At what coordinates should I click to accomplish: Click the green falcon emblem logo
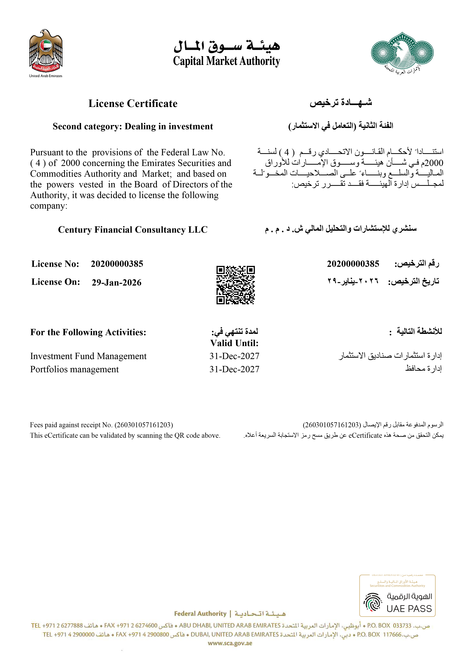point(402,51)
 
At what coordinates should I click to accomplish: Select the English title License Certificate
point(133,104)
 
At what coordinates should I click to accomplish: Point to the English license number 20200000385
point(117,264)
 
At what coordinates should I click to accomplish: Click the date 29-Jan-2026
point(117,282)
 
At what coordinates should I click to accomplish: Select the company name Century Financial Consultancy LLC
point(133,230)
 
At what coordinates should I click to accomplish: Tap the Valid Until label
point(234,343)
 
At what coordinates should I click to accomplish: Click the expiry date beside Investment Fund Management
point(234,356)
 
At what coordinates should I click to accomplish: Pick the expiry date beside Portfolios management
point(234,369)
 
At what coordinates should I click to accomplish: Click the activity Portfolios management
point(75,369)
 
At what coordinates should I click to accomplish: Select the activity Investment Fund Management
point(88,356)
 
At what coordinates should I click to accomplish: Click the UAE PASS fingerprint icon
point(373,602)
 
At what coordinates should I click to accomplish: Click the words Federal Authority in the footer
point(200,614)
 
